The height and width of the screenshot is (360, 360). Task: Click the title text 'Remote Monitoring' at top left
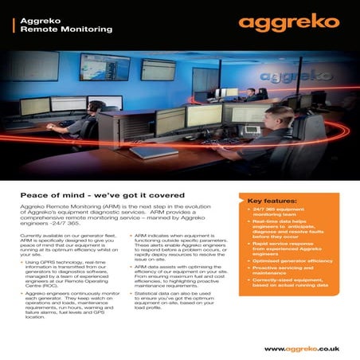point(68,29)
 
